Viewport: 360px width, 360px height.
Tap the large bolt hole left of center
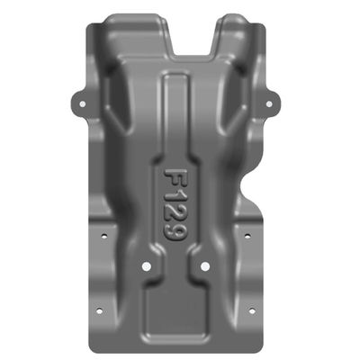coord(147,266)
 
